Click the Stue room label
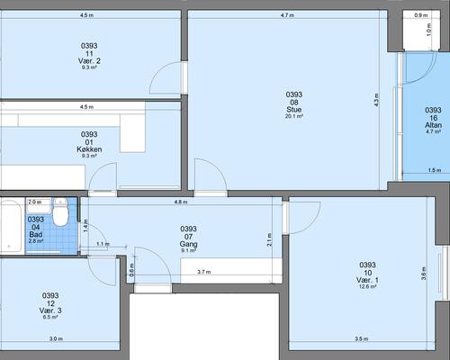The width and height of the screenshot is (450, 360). click(x=294, y=110)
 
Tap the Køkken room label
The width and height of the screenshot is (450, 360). click(x=89, y=149)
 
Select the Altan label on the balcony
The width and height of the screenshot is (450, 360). click(x=433, y=125)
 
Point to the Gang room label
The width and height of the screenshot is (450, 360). click(x=188, y=244)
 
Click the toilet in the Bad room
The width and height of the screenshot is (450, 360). click(x=60, y=211)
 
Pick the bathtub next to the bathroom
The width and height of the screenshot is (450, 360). click(x=11, y=226)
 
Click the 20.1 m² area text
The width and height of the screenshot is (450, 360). click(x=293, y=116)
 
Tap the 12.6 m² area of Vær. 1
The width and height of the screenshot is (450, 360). click(x=367, y=286)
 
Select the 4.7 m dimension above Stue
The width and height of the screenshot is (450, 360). click(x=287, y=15)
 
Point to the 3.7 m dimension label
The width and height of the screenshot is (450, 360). click(x=204, y=272)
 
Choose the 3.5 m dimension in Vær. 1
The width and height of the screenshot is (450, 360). click(x=362, y=339)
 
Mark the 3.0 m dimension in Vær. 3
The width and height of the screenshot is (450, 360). click(x=56, y=339)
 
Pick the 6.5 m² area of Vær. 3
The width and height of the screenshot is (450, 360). click(x=50, y=317)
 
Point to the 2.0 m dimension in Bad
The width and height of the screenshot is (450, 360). click(x=35, y=202)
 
